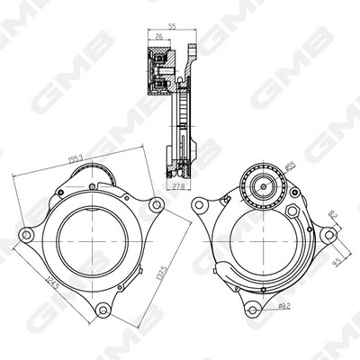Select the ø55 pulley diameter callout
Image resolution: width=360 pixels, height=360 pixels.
[291, 166]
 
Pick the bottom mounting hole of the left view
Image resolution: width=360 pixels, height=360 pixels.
[107, 311]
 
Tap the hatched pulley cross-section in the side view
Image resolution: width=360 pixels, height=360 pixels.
[161, 72]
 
